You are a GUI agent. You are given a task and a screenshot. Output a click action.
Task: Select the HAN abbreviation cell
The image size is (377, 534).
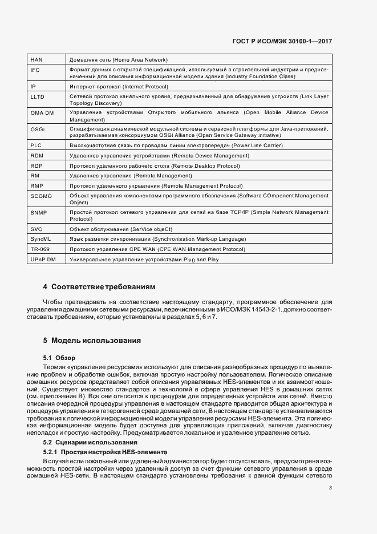click(37, 59)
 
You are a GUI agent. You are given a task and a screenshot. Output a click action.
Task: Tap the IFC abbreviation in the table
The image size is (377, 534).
click(35, 69)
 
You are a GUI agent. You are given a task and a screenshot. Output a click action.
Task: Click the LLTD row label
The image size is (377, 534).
click(37, 97)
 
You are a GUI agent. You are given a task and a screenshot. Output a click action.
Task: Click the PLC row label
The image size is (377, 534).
click(36, 145)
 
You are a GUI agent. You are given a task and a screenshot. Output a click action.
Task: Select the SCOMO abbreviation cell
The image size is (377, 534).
click(41, 196)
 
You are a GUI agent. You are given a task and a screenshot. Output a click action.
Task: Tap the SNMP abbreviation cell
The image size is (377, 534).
click(39, 212)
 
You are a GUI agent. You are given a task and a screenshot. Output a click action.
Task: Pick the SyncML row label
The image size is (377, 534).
click(40, 239)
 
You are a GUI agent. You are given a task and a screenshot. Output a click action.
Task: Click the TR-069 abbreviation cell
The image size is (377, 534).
click(40, 249)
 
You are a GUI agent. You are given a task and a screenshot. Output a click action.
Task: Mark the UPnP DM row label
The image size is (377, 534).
click(43, 260)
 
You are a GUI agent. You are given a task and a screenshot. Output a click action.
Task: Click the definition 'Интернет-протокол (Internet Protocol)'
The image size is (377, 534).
click(118, 87)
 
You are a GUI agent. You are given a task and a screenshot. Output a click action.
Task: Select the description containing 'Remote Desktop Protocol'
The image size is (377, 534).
click(146, 165)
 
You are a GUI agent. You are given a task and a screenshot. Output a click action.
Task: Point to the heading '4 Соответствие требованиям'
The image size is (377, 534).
click(99, 286)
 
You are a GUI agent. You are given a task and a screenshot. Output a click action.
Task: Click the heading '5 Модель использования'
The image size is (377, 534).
click(92, 341)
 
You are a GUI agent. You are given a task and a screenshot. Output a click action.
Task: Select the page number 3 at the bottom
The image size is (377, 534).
click(330, 487)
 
